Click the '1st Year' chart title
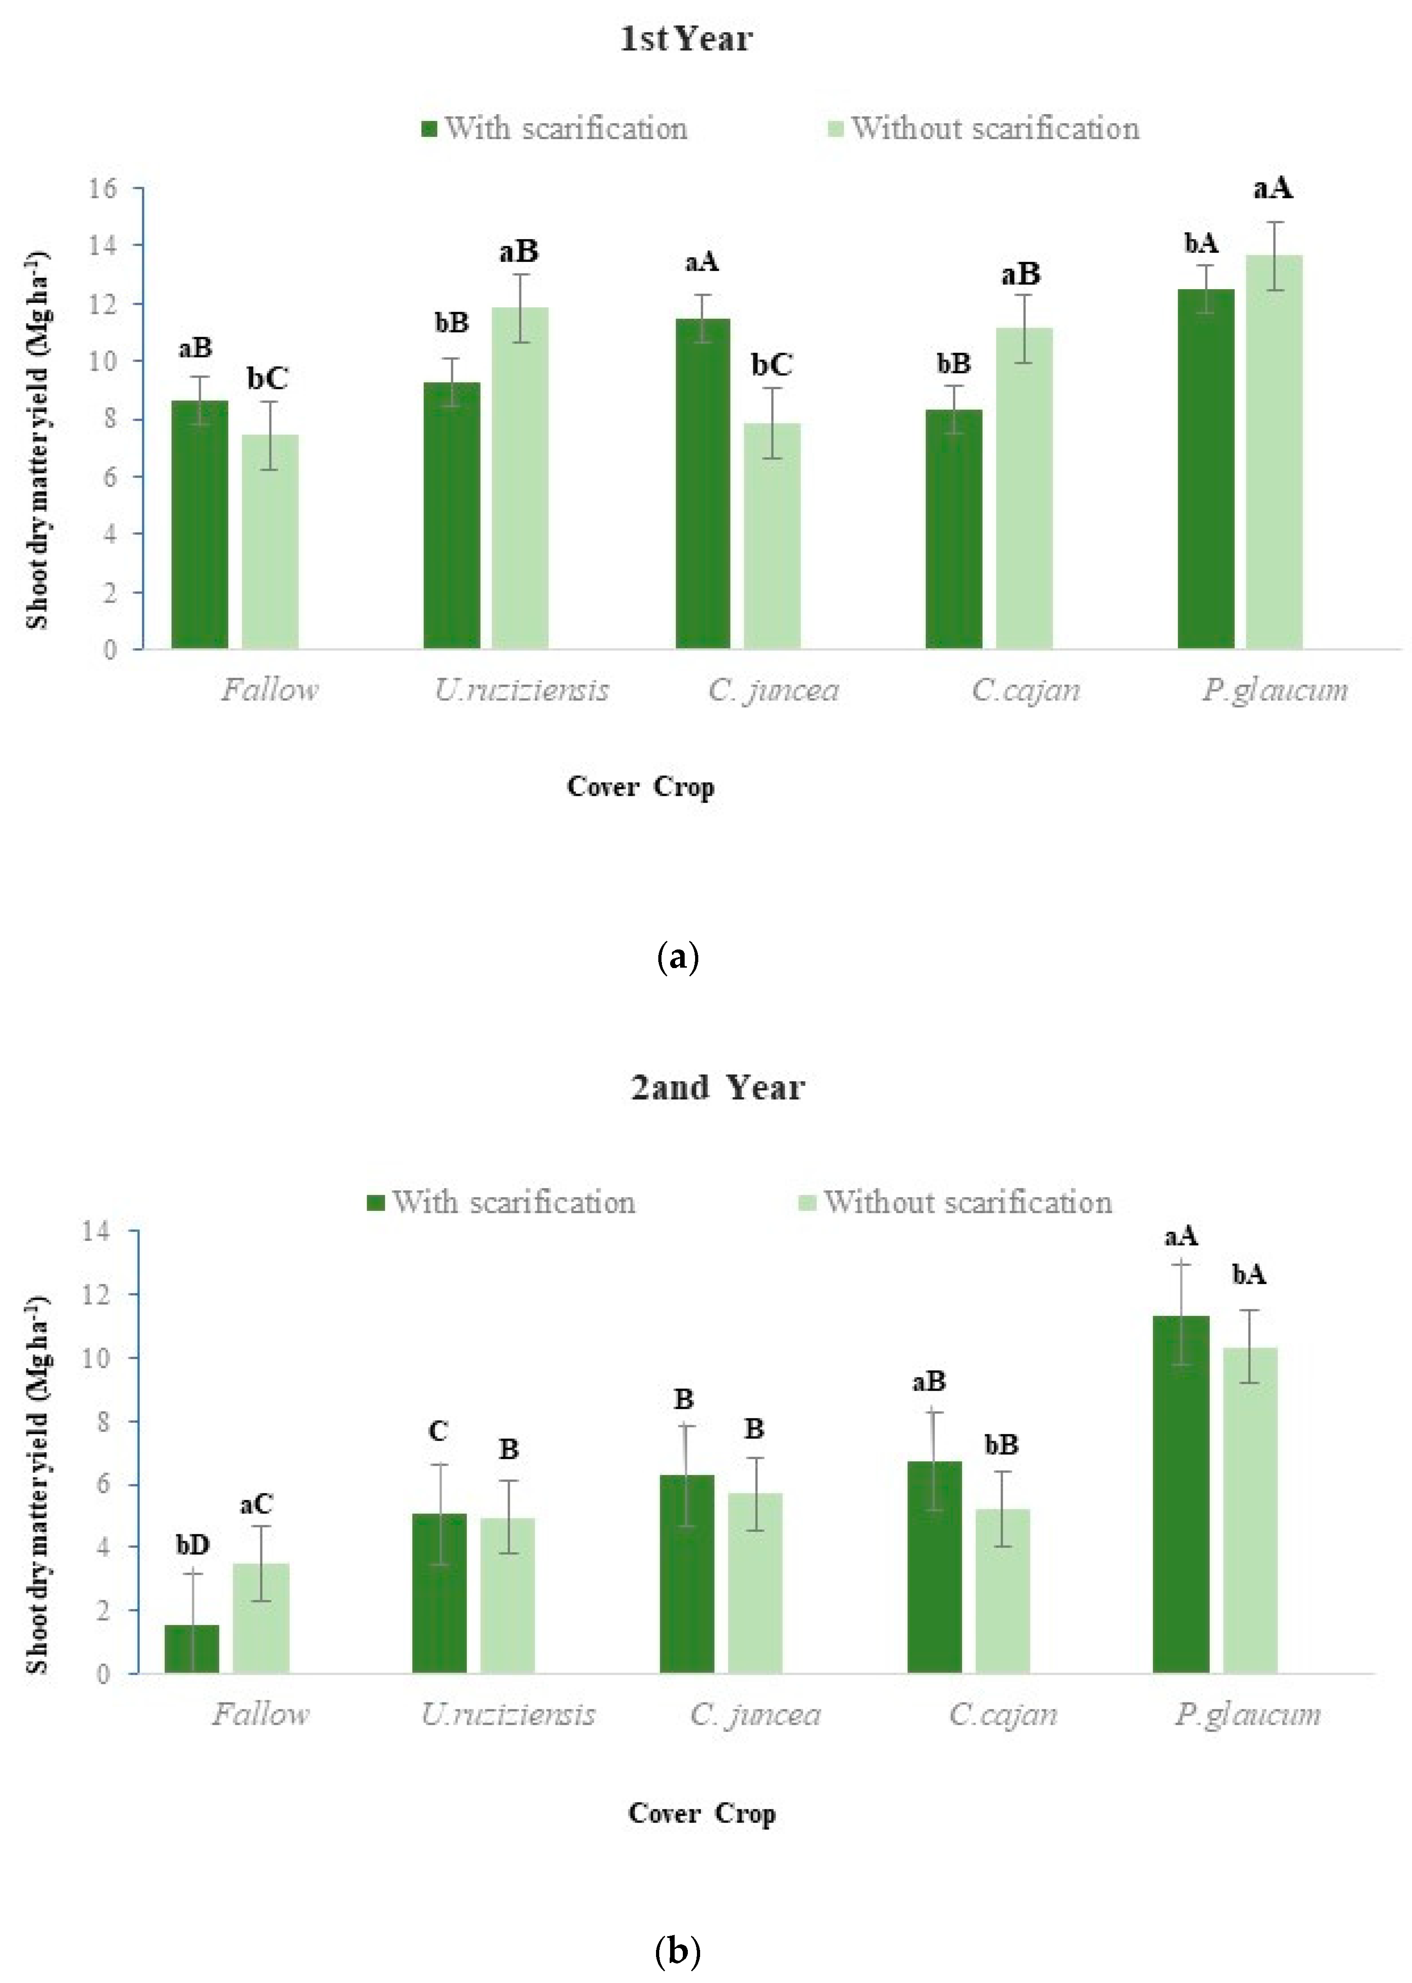pos(686,39)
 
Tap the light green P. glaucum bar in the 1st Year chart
pos(1274,452)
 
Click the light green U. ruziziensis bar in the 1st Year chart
pos(520,478)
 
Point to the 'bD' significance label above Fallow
pos(192,1545)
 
